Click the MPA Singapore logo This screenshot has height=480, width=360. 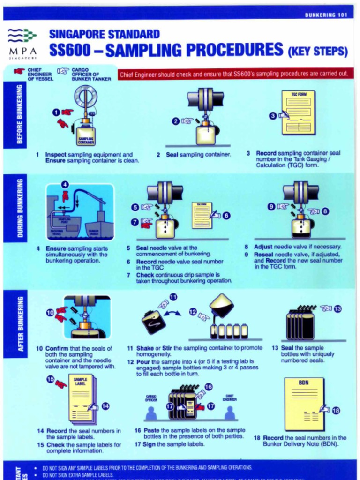pyautogui.click(x=22, y=43)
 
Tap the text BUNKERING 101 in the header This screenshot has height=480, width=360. pyautogui.click(x=326, y=15)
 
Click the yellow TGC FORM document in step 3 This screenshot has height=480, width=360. pyautogui.click(x=298, y=112)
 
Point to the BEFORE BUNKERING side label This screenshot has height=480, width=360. pyautogui.click(x=19, y=115)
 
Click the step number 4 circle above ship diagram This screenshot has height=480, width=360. pyautogui.click(x=65, y=185)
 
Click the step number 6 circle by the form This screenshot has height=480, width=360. pyautogui.click(x=226, y=216)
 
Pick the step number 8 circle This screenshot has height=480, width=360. pyautogui.click(x=325, y=211)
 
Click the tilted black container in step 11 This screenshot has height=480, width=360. pyautogui.click(x=153, y=322)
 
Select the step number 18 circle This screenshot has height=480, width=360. pyautogui.click(x=336, y=411)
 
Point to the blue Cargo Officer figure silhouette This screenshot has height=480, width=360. pyautogui.click(x=151, y=413)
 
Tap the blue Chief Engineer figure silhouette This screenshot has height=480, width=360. pyautogui.click(x=229, y=413)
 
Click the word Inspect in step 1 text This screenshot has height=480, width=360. pyautogui.click(x=56, y=154)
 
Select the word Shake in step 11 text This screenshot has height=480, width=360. pyautogui.click(x=145, y=348)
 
